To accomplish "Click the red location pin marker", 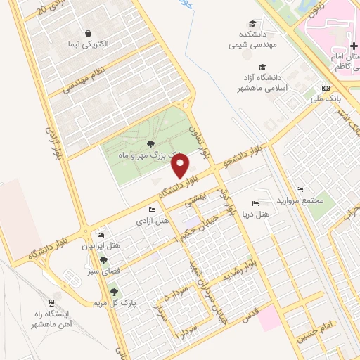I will pyautogui.click(x=181, y=166).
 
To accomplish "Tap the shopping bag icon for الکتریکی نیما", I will pyautogui.click(x=89, y=32).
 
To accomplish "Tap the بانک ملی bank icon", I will pyautogui.click(x=325, y=88).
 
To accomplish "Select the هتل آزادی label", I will pyautogui.click(x=153, y=221).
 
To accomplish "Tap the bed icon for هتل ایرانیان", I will pyautogui.click(x=100, y=236).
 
